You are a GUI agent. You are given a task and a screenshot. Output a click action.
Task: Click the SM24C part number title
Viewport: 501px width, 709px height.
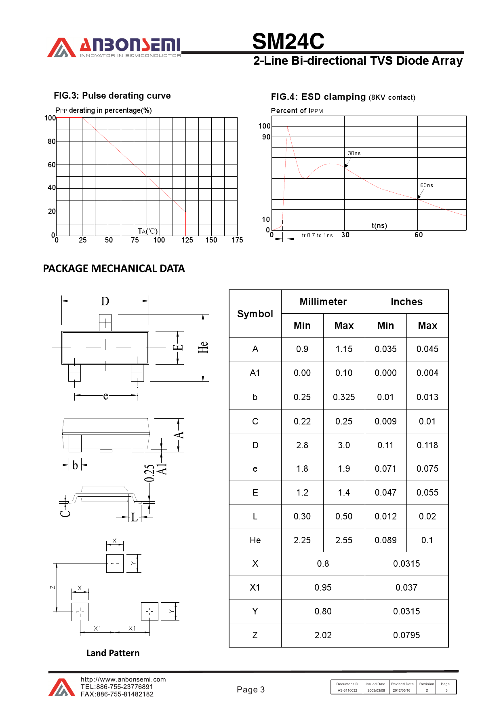(x=288, y=41)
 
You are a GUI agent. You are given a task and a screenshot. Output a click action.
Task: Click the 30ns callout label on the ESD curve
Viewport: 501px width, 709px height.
(x=354, y=153)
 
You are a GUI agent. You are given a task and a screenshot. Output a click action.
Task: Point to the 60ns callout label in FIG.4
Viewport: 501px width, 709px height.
(x=426, y=185)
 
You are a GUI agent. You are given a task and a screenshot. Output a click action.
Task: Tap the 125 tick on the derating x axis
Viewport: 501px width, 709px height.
(x=187, y=240)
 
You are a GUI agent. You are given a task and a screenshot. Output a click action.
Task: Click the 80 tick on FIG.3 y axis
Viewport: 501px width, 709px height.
(x=52, y=141)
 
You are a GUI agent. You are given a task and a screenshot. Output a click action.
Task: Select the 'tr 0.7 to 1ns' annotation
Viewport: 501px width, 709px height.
(x=317, y=235)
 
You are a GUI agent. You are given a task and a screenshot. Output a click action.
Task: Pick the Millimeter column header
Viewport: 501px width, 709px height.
(x=323, y=302)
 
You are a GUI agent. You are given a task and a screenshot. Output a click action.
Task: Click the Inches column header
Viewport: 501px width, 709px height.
(x=406, y=302)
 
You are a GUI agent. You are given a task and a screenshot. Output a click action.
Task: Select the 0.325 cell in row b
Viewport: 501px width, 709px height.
(x=344, y=397)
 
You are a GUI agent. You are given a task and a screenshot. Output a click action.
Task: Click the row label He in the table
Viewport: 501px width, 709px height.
(x=255, y=540)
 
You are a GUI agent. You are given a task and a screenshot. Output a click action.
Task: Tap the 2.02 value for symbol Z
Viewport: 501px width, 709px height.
(x=323, y=635)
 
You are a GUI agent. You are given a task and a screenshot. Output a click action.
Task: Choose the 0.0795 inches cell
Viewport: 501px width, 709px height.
(x=406, y=635)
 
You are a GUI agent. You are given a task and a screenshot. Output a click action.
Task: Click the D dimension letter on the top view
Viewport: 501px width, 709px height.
(x=105, y=301)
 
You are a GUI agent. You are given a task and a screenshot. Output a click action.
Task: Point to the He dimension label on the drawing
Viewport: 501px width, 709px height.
(x=203, y=347)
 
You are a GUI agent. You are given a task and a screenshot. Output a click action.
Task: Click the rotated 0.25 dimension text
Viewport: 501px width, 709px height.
(x=149, y=473)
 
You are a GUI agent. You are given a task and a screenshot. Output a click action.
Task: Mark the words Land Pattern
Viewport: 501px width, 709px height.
(x=113, y=653)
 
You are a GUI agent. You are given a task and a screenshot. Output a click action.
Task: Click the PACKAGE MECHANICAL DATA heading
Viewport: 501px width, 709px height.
(x=114, y=269)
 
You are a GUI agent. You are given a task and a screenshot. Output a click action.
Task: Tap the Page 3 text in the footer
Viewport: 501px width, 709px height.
(x=250, y=690)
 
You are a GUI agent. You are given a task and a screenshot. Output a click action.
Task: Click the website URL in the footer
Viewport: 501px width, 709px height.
(x=123, y=679)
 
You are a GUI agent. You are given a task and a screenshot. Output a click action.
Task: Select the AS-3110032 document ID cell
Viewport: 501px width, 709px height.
(x=347, y=690)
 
